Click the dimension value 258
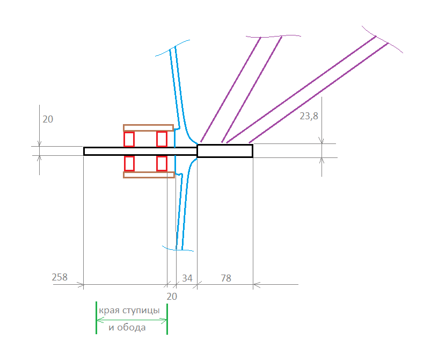point(60,277)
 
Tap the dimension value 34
point(187,278)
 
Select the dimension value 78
point(226,278)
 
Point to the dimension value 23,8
point(309,116)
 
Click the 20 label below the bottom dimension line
point(172,297)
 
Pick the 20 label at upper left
point(48,119)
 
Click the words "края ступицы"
point(129,311)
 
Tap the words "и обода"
point(127,328)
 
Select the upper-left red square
point(129,139)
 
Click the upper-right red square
point(162,139)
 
